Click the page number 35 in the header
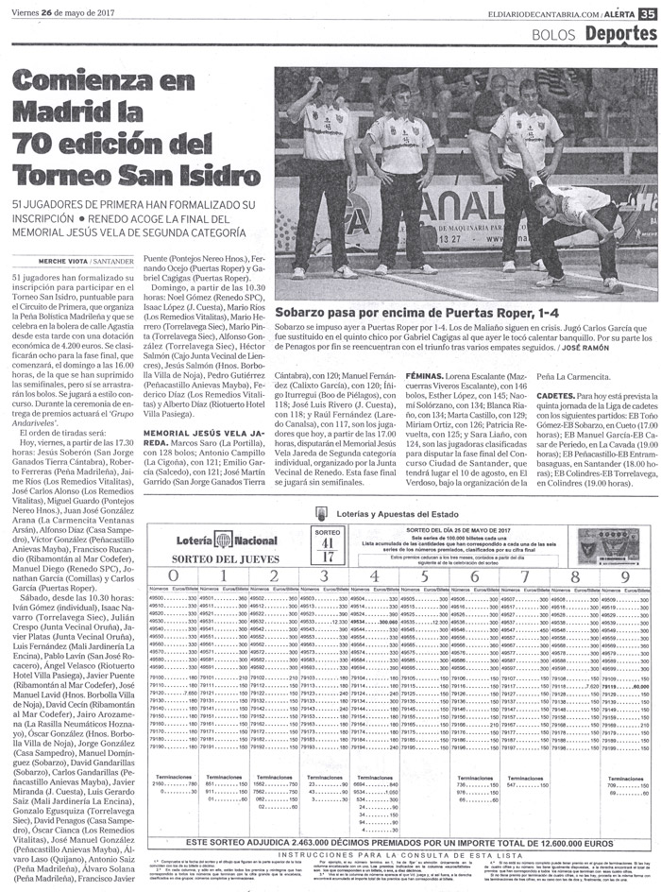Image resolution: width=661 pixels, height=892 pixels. (647, 12)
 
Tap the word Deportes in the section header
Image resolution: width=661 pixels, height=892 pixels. (619, 34)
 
